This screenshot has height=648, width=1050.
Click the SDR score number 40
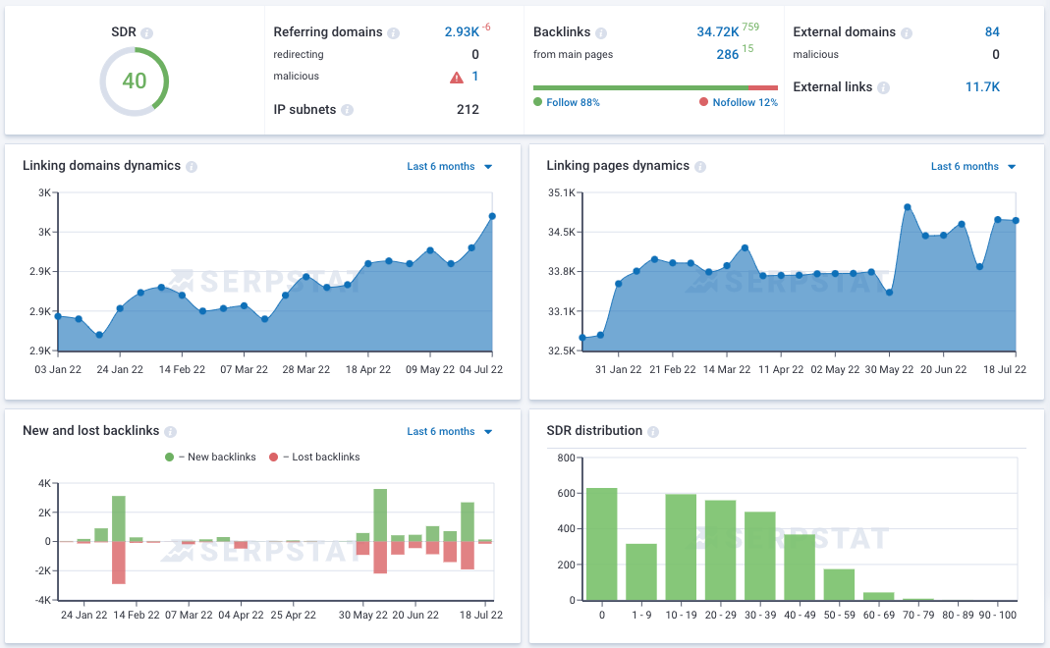(x=135, y=81)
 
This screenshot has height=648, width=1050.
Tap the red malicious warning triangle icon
(x=456, y=77)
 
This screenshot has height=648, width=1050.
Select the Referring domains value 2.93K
(x=461, y=31)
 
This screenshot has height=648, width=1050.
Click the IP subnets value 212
(x=468, y=109)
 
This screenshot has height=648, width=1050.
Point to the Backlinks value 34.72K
(x=717, y=31)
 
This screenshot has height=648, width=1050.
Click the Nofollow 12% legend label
(x=743, y=102)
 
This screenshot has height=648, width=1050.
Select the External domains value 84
(x=992, y=31)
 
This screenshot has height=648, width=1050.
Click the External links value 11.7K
(x=982, y=86)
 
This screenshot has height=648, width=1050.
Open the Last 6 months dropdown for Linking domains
(x=450, y=167)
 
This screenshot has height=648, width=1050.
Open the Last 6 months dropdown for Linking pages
(x=973, y=167)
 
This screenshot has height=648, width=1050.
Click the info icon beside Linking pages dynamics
(x=699, y=167)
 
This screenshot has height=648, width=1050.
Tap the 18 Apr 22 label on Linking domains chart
(x=367, y=369)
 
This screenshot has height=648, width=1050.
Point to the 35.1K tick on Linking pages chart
(x=562, y=192)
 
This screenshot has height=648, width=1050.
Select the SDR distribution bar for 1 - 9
(x=640, y=571)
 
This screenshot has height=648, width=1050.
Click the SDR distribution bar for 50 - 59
(x=839, y=584)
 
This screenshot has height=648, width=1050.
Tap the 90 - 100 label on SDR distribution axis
(x=997, y=614)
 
